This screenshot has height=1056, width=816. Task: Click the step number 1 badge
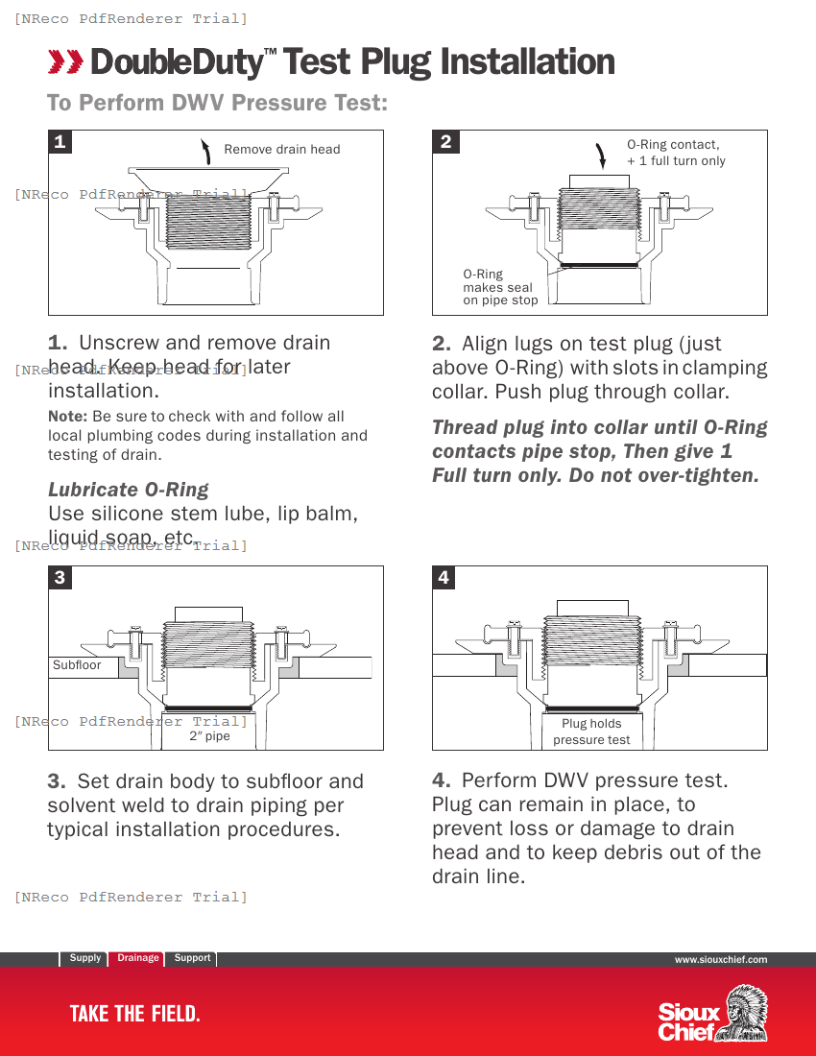tap(60, 142)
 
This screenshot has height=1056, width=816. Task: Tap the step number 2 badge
tap(445, 142)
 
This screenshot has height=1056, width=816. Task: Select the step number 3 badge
tap(60, 577)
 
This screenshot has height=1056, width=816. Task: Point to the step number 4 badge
tap(444, 577)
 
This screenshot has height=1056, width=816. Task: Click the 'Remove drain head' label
tap(281, 149)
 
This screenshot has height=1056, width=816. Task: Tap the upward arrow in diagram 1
tap(205, 150)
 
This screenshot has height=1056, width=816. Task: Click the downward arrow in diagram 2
tap(602, 154)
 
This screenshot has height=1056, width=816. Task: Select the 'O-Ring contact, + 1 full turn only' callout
tap(676, 153)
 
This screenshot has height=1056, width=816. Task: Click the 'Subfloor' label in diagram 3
tap(77, 664)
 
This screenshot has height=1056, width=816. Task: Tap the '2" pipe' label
tap(209, 736)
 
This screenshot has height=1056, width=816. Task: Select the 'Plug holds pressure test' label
tap(591, 732)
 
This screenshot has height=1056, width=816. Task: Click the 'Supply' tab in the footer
tap(84, 958)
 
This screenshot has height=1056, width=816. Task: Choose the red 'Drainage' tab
tap(138, 958)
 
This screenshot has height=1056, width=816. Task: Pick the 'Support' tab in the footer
tap(192, 958)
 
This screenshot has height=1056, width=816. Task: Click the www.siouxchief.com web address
tap(720, 959)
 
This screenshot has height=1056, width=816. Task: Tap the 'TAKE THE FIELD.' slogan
tap(134, 1014)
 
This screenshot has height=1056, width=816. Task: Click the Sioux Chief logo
tap(711, 1014)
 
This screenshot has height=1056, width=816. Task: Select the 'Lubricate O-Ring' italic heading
tap(128, 490)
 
